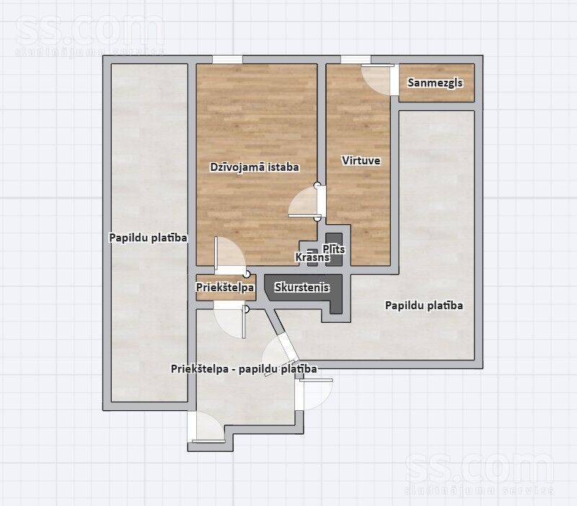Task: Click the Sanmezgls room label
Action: (435, 83)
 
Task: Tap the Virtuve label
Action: (361, 161)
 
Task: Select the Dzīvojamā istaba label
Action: (255, 167)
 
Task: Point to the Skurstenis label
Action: (301, 287)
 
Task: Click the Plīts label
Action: (334, 249)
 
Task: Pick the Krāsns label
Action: (312, 257)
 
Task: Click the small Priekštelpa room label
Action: (225, 287)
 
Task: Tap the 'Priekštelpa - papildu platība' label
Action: (244, 369)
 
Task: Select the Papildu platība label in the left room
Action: (148, 238)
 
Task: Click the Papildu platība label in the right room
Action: (424, 306)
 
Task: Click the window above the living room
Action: (227, 59)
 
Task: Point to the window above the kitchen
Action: (356, 59)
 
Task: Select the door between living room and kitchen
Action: (305, 202)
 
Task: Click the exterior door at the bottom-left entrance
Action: (206, 427)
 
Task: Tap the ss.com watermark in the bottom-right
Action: (479, 474)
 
